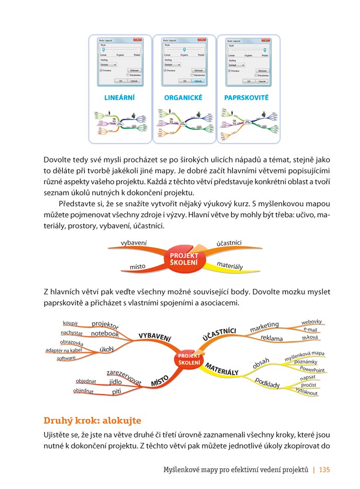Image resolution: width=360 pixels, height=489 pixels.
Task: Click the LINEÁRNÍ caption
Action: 119,97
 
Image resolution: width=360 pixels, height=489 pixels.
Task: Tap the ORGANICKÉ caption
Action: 183,97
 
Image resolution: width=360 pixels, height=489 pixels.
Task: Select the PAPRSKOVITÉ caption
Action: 246,97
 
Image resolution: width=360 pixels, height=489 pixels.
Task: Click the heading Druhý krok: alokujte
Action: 92,421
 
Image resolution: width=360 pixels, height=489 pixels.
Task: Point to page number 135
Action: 325,469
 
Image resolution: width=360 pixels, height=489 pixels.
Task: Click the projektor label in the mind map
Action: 105,324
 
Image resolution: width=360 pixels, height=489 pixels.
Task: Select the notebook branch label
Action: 105,334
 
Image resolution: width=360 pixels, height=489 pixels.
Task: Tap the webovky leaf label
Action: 312,322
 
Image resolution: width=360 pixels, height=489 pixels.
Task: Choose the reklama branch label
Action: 272,338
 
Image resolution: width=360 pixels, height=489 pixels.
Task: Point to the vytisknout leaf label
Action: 307,392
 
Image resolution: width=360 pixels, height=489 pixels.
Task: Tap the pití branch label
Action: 117,392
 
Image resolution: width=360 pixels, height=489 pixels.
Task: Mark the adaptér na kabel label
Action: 64,351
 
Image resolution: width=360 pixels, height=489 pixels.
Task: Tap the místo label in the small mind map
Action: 137,266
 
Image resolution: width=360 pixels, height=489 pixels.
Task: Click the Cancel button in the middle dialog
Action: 198,81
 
